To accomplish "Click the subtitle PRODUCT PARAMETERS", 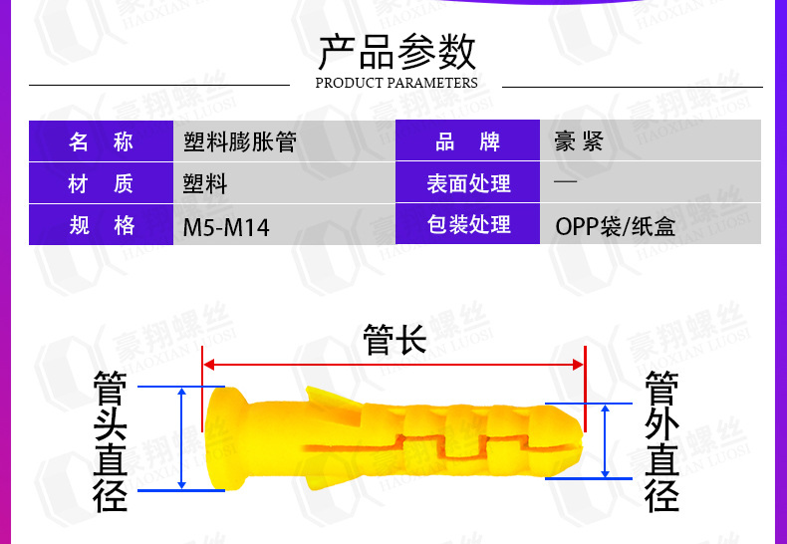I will click(395, 83).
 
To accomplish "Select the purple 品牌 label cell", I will click(468, 141).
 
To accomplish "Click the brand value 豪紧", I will click(579, 141).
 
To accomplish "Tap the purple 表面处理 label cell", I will click(468, 183).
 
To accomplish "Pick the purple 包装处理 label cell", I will click(468, 225).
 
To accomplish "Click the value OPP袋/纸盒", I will click(615, 226).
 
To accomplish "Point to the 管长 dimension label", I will click(394, 340).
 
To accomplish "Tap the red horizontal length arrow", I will click(394, 364).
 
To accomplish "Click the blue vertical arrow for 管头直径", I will click(181, 438).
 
